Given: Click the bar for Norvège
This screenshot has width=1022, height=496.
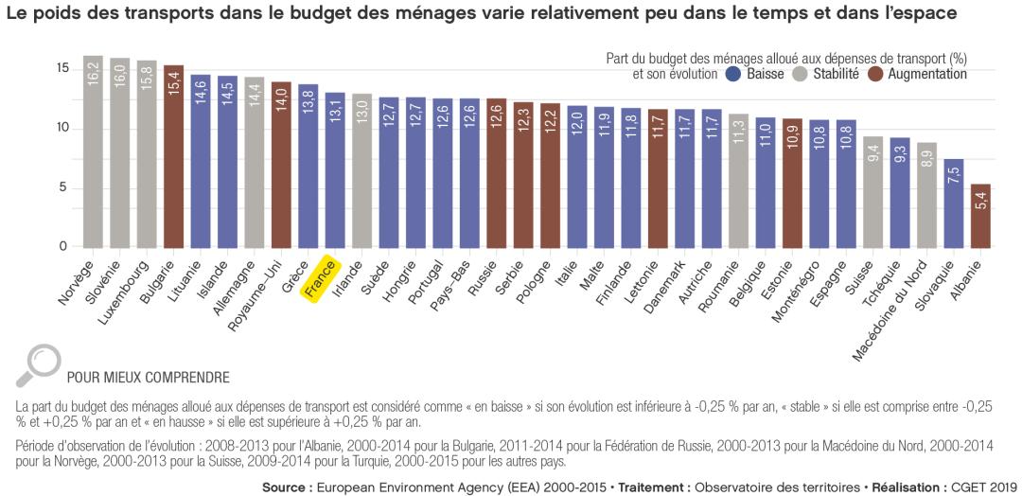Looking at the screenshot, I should click(x=93, y=151).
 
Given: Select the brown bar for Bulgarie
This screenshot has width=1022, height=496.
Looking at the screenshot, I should click(x=173, y=156).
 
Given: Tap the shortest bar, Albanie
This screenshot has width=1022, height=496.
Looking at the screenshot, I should click(x=981, y=216).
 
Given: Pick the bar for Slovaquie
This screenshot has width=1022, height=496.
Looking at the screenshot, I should click(x=955, y=204).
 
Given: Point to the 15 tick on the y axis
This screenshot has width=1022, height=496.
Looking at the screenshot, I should click(x=62, y=68).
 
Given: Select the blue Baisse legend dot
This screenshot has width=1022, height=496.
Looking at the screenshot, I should click(x=732, y=74).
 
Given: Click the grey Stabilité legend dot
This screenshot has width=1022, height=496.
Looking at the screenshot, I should click(x=800, y=74).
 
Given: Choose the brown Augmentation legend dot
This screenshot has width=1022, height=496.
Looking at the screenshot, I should click(x=874, y=74).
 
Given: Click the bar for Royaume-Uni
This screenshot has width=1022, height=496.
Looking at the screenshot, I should click(x=281, y=165).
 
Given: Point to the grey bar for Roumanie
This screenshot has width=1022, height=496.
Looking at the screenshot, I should click(x=739, y=181).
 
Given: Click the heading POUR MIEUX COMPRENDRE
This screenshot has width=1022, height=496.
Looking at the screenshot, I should click(x=148, y=378).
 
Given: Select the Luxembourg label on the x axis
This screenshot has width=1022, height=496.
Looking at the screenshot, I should click(x=124, y=289).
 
